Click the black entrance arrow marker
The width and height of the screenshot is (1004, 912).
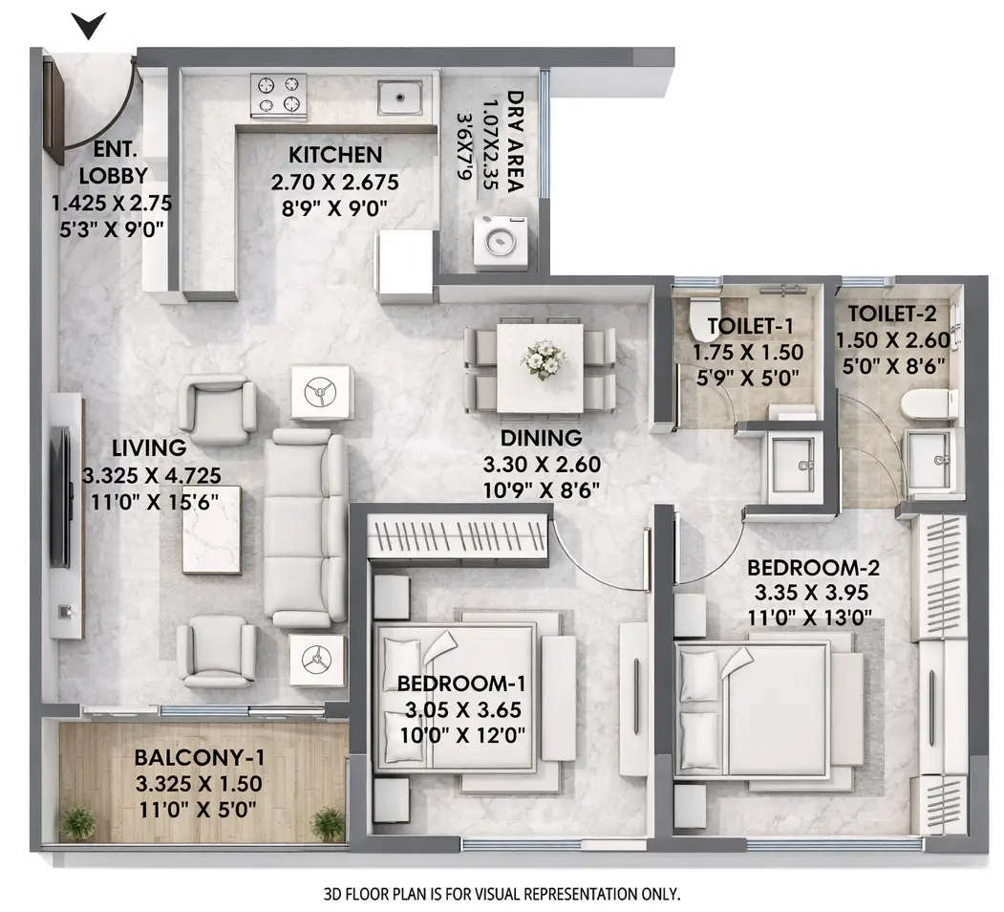pyautogui.click(x=88, y=26)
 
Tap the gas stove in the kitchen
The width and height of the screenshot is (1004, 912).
pyautogui.click(x=278, y=96)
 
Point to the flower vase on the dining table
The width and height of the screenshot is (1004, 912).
pyautogui.click(x=542, y=360)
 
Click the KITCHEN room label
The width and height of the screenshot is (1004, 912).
pyautogui.click(x=335, y=155)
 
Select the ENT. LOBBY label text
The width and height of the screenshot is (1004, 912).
pyautogui.click(x=113, y=163)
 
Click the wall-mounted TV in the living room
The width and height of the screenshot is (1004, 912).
pyautogui.click(x=60, y=497)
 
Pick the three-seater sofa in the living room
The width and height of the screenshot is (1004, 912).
pyautogui.click(x=305, y=527)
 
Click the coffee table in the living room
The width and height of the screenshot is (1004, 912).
pyautogui.click(x=211, y=530)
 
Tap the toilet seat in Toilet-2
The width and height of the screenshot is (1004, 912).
pyautogui.click(x=928, y=404)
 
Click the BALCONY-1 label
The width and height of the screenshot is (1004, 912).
pyautogui.click(x=199, y=757)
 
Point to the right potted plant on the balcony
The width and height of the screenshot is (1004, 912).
pyautogui.click(x=328, y=822)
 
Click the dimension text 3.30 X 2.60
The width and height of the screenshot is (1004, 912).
pyautogui.click(x=542, y=467)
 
